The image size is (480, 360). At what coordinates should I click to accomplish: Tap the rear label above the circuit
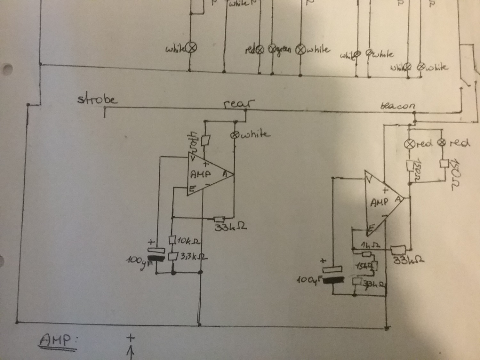pyautogui.click(x=239, y=104)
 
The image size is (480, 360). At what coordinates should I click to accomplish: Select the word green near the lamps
pyautogui.click(x=283, y=49)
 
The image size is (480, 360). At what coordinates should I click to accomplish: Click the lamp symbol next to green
pyautogui.click(x=272, y=49)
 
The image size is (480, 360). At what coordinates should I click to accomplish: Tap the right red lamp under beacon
pyautogui.click(x=443, y=143)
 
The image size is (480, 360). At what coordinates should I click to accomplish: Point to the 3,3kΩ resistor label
pyautogui.click(x=191, y=257)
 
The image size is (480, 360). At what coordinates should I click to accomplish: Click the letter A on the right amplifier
pyautogui.click(x=398, y=199)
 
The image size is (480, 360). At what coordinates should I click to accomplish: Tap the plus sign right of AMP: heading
pyautogui.click(x=131, y=338)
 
